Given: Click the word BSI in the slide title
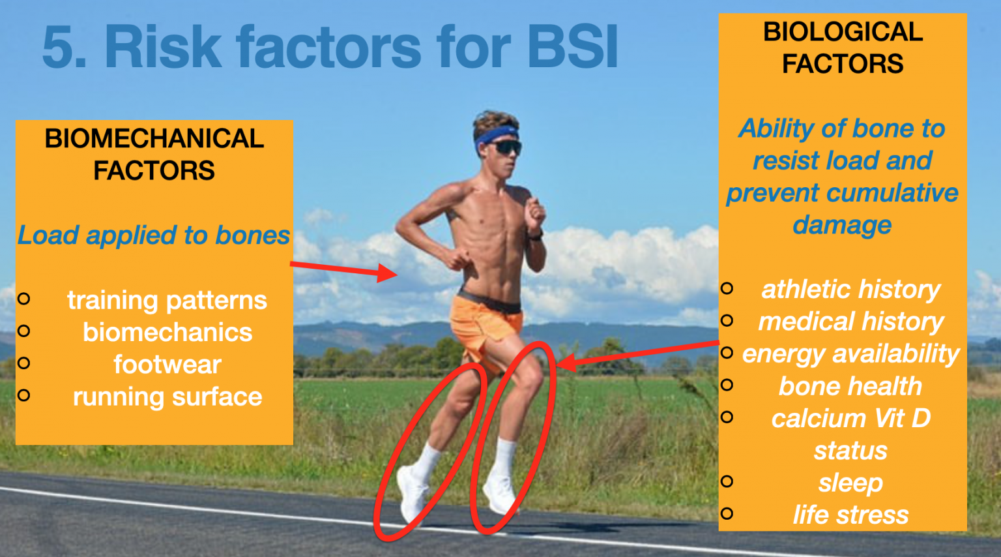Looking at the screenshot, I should click(572, 47).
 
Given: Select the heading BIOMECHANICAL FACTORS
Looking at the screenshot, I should click(154, 155).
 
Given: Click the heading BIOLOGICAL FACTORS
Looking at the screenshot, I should click(843, 48).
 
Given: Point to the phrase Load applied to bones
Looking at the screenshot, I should click(154, 235).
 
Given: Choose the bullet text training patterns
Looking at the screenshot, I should click(167, 300).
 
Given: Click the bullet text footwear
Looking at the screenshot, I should click(167, 365).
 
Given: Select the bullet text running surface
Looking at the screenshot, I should click(167, 397).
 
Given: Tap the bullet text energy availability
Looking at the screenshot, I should click(850, 354).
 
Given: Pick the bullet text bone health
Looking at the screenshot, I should click(850, 386).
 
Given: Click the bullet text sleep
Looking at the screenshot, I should click(850, 483).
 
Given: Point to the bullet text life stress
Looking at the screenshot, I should click(850, 515).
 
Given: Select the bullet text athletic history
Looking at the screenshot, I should click(850, 289).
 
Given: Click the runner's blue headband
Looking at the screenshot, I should click(495, 135).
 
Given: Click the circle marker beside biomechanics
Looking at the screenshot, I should click(24, 331).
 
